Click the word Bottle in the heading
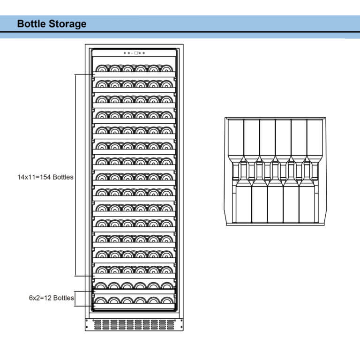31,24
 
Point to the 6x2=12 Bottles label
51,298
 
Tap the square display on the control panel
136,53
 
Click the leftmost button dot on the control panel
125,53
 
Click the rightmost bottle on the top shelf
167,68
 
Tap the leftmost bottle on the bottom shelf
101,300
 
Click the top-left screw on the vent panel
88,321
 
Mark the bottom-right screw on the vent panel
181,328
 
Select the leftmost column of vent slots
97,324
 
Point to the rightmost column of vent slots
171,324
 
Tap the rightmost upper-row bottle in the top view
315,138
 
